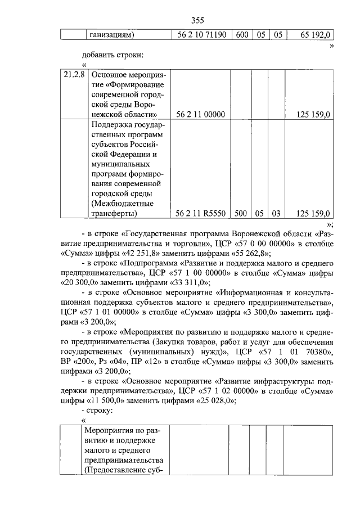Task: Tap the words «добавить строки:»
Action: [112, 55]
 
